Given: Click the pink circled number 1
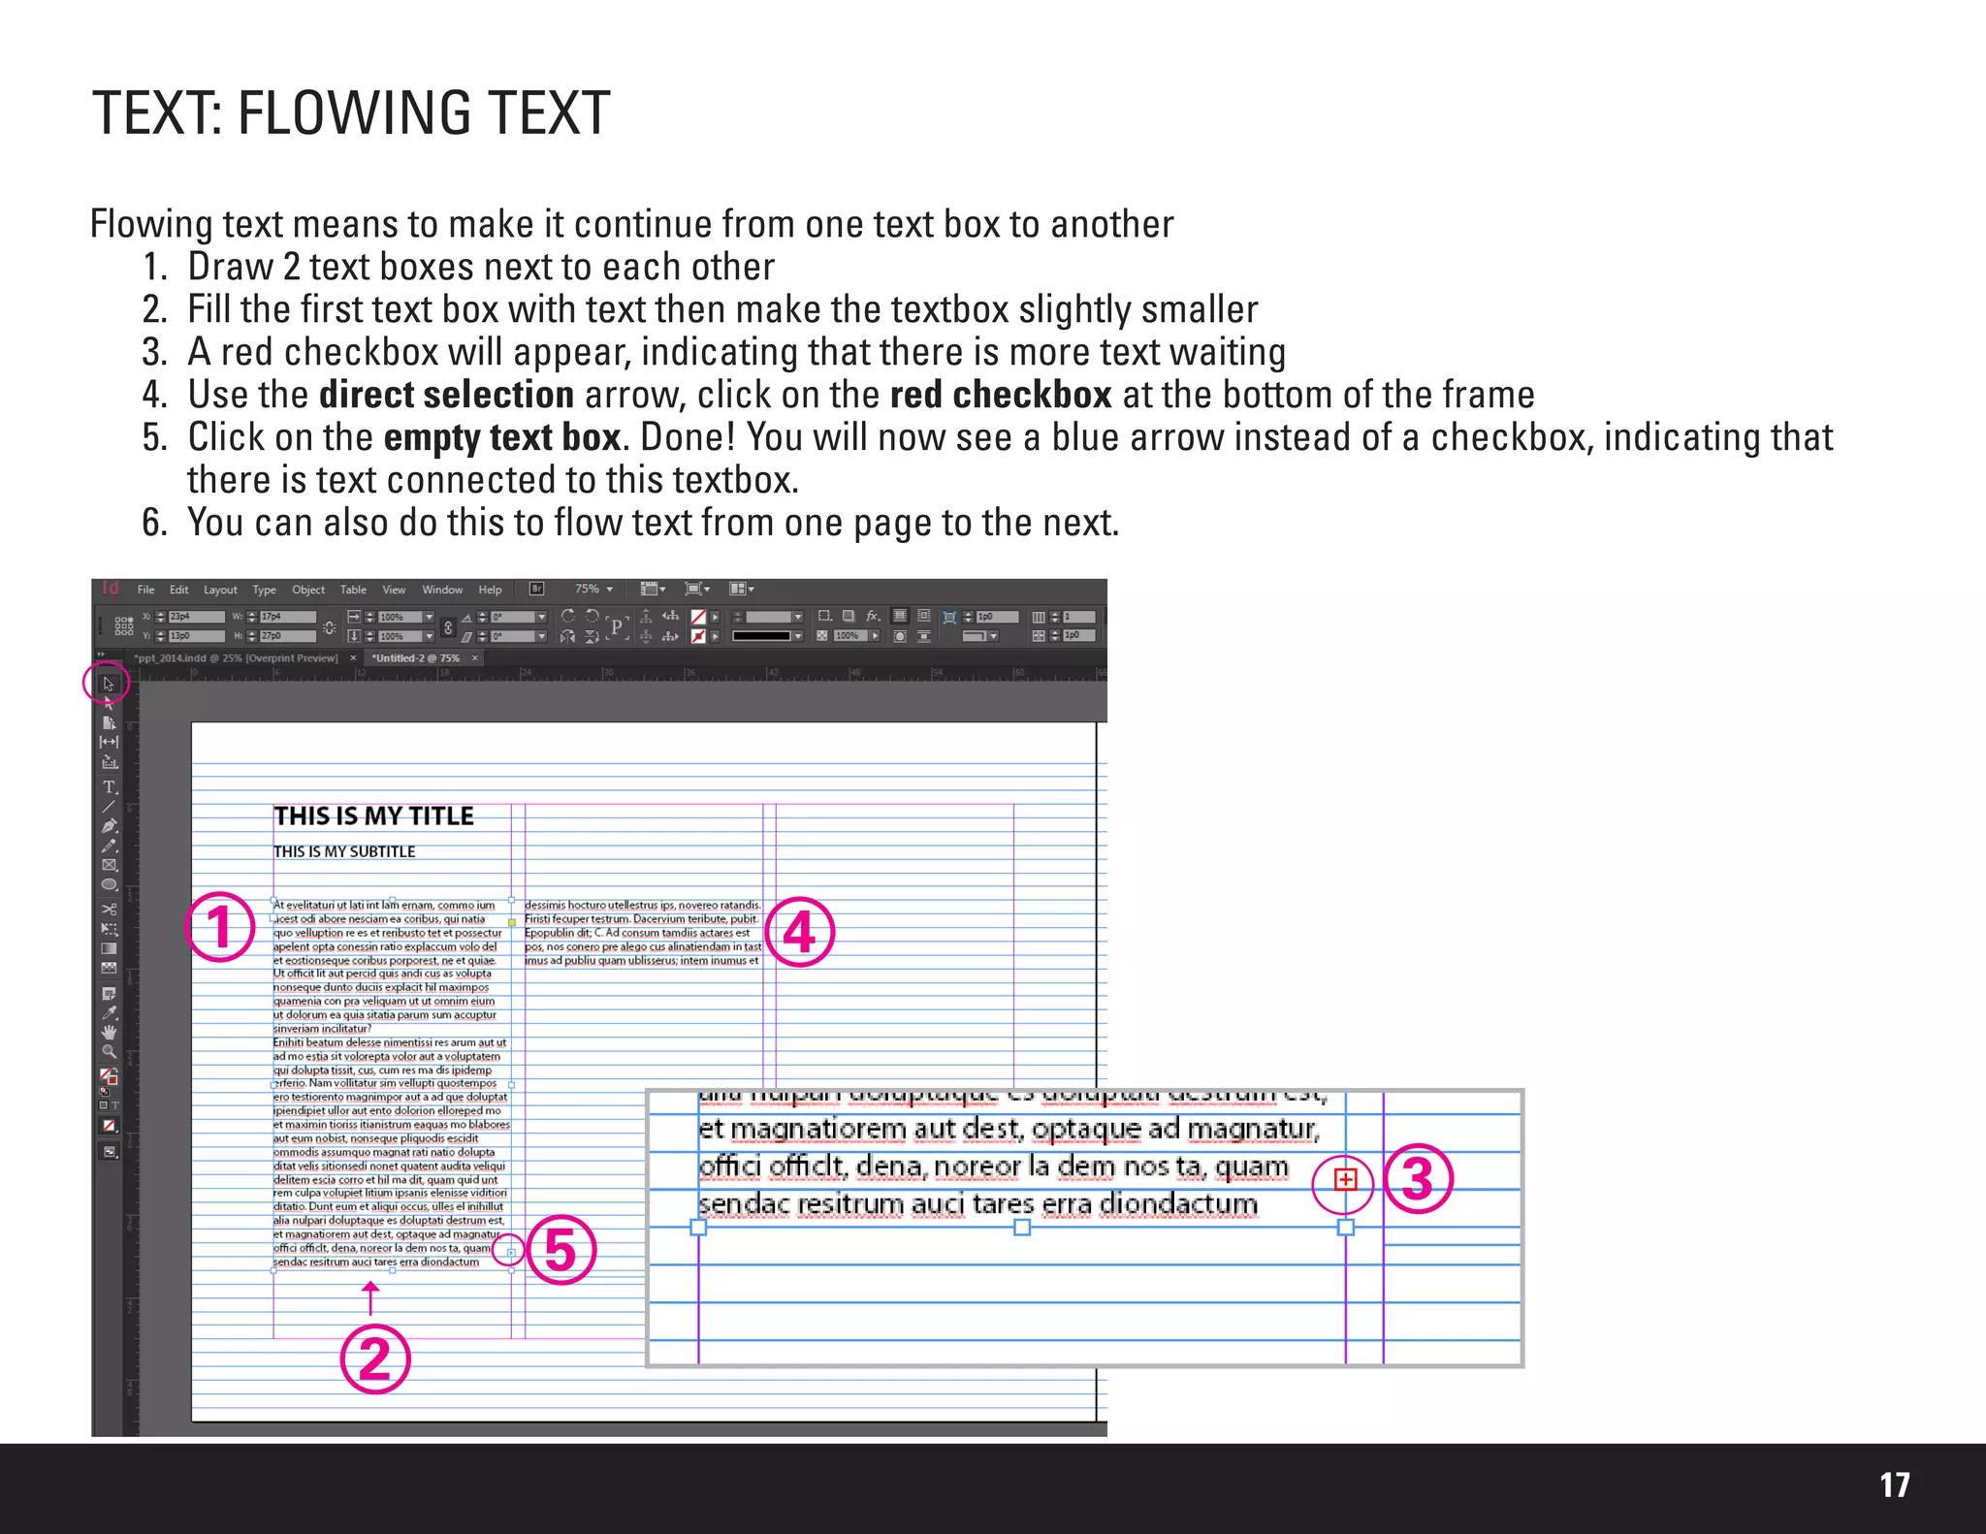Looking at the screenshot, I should (220, 927).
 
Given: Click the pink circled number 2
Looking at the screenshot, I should (375, 1358).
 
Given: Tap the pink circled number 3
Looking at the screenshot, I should (1418, 1179).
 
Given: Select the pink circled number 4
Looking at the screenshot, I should (799, 933).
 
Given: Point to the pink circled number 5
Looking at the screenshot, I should (561, 1250).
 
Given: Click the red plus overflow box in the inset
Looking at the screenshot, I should (1345, 1179).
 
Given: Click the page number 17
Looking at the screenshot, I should (1894, 1485).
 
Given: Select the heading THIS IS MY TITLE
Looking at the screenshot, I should (373, 816).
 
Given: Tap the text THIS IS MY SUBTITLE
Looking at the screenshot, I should (344, 851).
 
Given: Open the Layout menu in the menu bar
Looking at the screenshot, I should (220, 590).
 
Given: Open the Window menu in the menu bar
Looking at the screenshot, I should (442, 590).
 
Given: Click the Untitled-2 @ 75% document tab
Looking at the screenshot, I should (416, 657).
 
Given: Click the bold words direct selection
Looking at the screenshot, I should (446, 395).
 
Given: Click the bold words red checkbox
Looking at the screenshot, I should (1000, 395).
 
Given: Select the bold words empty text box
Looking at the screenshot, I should (501, 437).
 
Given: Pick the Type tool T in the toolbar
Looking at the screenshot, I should (109, 786).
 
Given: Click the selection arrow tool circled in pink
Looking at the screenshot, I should (108, 684).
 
